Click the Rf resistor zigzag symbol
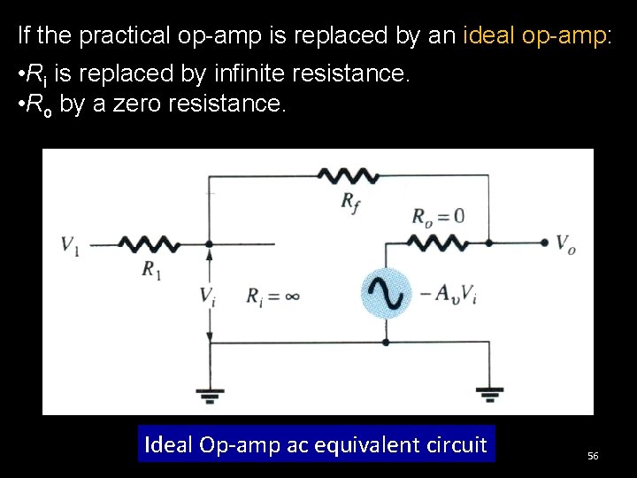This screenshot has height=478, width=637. pos(349,175)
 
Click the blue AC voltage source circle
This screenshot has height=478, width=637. pos(387,292)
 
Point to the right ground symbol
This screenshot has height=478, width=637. pos(488,391)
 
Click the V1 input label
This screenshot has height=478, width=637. pos(70,244)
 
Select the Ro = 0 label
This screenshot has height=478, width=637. pos(438,216)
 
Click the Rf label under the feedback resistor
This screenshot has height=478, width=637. pos(350,201)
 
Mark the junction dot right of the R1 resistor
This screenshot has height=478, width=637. pos(210,243)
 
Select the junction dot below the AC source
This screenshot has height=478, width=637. pos(387,342)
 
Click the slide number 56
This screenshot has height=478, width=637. pos(593,455)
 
